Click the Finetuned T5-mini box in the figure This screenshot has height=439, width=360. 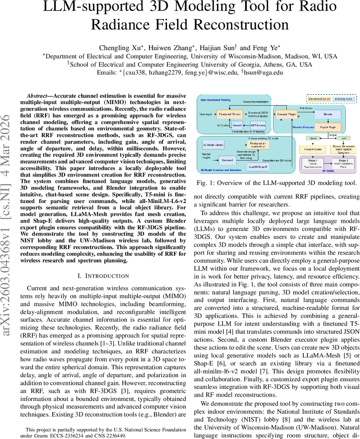coord(227,114)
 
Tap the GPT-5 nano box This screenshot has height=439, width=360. coord(258,125)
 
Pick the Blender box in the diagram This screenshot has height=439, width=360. coord(328,114)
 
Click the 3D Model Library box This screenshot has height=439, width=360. coord(213,145)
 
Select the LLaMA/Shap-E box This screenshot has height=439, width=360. coord(258,166)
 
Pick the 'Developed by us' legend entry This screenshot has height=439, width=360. coord(319,99)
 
